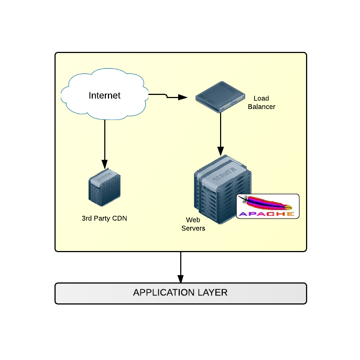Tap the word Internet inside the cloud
[104, 95]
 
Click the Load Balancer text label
[261, 102]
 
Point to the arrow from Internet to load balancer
[168, 96]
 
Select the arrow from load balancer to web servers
[221, 134]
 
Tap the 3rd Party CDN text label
[104, 218]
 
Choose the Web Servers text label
[193, 224]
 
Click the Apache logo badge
[268, 206]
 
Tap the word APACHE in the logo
[267, 214]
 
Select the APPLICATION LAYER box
[180, 293]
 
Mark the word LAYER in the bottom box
[212, 292]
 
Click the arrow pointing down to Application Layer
[180, 267]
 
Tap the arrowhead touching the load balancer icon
[183, 97]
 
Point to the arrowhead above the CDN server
[104, 163]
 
